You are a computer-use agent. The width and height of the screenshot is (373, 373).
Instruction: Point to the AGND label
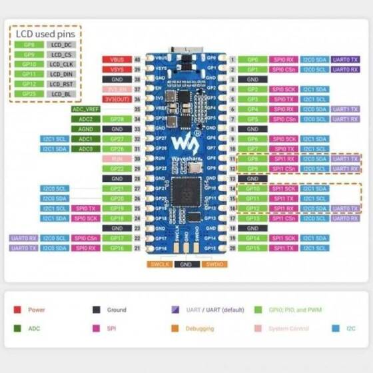click(x=86, y=129)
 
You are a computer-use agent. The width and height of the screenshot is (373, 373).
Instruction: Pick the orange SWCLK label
click(x=159, y=264)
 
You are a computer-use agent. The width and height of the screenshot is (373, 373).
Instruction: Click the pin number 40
click(x=138, y=59)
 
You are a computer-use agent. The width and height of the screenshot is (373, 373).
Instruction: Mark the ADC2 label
click(x=86, y=119)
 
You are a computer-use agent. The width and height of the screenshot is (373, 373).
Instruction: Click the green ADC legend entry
click(x=33, y=328)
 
